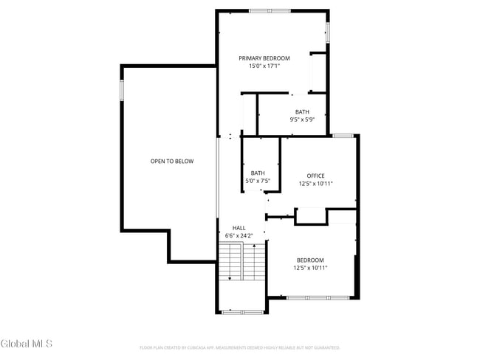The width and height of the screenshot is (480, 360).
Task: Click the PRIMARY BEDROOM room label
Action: (x=264, y=58)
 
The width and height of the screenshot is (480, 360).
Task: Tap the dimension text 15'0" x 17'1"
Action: (x=264, y=66)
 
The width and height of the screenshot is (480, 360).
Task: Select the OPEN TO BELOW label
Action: (x=172, y=161)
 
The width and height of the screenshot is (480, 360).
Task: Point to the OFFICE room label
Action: (x=316, y=176)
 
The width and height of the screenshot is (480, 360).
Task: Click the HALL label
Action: (x=239, y=228)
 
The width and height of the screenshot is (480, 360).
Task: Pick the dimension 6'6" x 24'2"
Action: (x=239, y=236)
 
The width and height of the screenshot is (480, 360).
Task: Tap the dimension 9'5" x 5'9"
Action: (x=302, y=120)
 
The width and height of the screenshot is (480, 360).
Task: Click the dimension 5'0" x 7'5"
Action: (x=258, y=181)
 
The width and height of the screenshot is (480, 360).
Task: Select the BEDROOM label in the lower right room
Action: (x=310, y=260)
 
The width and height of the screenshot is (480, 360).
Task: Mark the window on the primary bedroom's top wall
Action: (x=270, y=11)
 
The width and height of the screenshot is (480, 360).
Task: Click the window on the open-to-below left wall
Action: (x=122, y=89)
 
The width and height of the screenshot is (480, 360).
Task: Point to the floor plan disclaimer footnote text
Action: (x=239, y=347)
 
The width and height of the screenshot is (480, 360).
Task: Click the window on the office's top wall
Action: (x=342, y=136)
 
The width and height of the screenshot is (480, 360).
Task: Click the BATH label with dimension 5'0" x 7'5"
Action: (x=258, y=173)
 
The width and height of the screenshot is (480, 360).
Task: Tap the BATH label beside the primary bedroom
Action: (x=302, y=112)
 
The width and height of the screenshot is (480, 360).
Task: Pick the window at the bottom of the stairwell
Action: (x=242, y=312)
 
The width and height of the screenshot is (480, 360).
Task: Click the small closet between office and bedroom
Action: (x=311, y=216)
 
